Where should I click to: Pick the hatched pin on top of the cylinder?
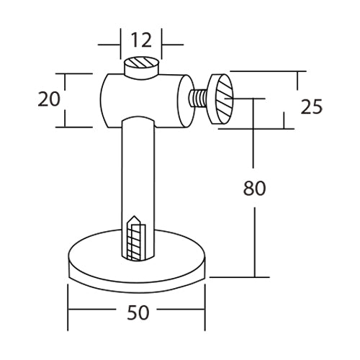coord(140,67)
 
